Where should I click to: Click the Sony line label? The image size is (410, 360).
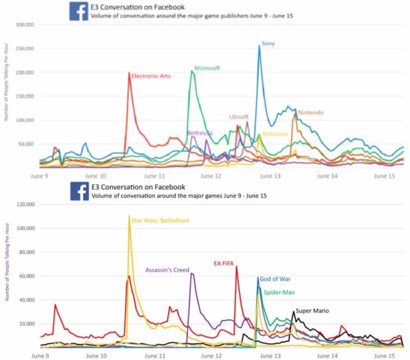click(x=268, y=44)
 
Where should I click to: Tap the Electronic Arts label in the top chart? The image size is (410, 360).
click(x=151, y=76)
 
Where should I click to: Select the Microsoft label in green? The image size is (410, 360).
click(x=207, y=68)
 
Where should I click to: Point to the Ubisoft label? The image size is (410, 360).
click(x=239, y=116)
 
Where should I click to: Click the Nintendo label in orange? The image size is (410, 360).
click(x=311, y=112)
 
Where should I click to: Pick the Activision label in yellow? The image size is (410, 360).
click(x=275, y=134)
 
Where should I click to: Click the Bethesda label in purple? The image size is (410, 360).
click(x=200, y=133)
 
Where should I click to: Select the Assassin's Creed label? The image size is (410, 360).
click(x=167, y=270)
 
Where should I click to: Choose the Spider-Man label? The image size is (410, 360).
click(x=279, y=292)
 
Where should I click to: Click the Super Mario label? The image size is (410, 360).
click(x=312, y=311)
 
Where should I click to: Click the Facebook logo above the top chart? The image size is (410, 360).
click(x=78, y=11)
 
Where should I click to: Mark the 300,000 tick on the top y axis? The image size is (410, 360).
click(x=24, y=25)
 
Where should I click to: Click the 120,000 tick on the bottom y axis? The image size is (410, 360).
click(x=24, y=204)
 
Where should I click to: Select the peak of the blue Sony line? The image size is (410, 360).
click(x=259, y=46)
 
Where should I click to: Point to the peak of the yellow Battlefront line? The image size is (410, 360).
click(x=129, y=216)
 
